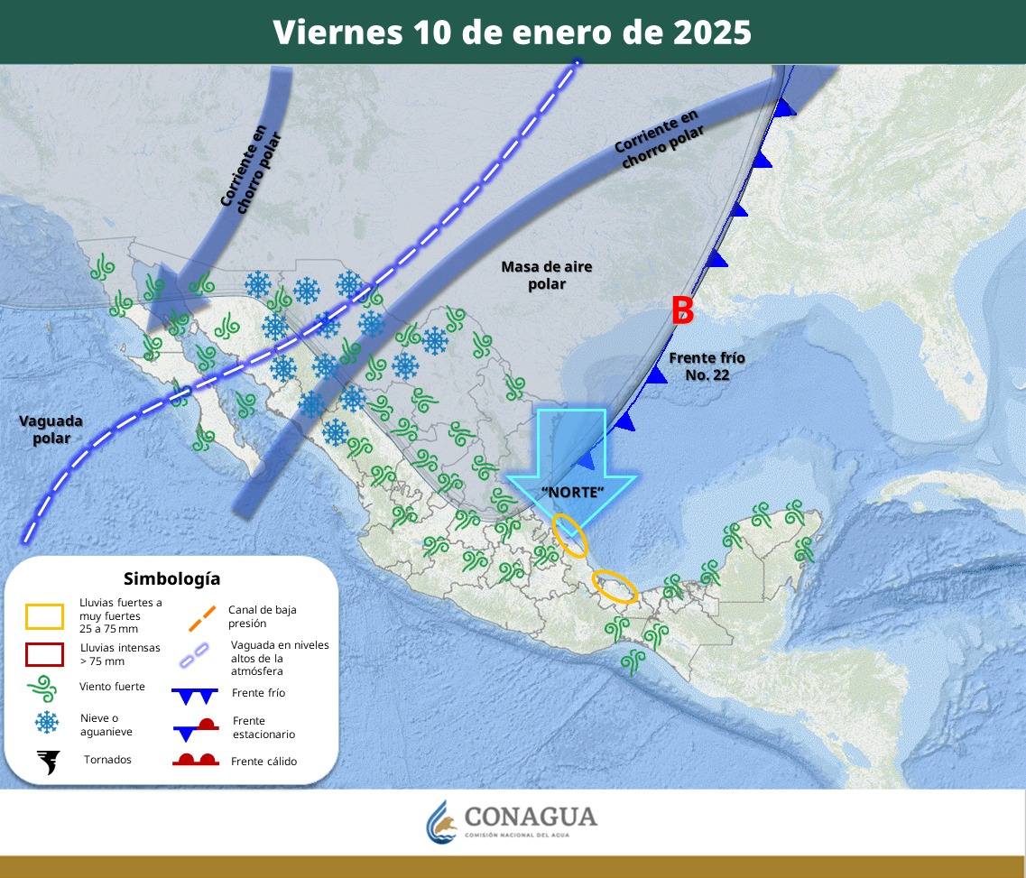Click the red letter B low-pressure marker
tap(682, 310)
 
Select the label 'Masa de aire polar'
tap(546, 275)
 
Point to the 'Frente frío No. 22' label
tap(707, 366)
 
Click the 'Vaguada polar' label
tap(51, 430)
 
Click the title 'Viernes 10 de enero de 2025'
tap(512, 32)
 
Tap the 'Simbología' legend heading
tap(171, 578)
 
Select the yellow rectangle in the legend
tap(44, 616)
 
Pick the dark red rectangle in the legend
tap(44, 654)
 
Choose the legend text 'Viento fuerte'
tap(112, 687)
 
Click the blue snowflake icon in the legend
tap(47, 723)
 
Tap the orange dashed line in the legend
tap(202, 617)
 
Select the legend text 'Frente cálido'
tap(263, 762)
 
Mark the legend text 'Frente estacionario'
tap(263, 727)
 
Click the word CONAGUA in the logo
tap(531, 817)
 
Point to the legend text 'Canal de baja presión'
tap(262, 616)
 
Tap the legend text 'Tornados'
tap(107, 760)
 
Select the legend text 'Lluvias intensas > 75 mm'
tap(120, 654)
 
